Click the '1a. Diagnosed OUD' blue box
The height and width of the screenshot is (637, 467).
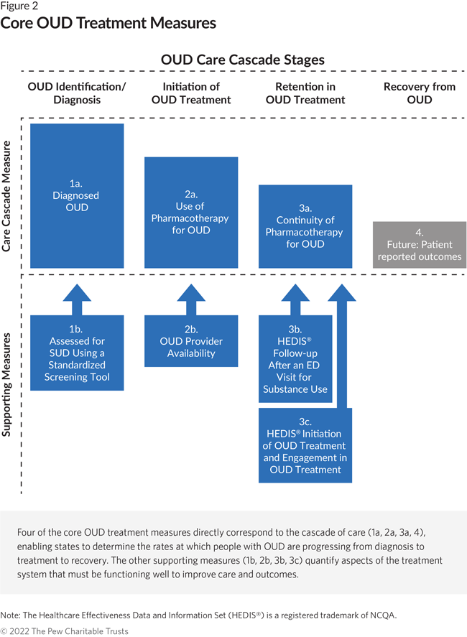[x=77, y=196]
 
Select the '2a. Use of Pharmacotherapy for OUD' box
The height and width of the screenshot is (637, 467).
[x=191, y=213]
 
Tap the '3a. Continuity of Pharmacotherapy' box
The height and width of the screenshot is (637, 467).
[x=305, y=226]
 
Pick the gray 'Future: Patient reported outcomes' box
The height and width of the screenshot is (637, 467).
[x=420, y=245]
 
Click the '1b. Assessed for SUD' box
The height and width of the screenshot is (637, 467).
[x=77, y=353]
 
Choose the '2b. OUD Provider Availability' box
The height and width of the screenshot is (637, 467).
[x=191, y=341]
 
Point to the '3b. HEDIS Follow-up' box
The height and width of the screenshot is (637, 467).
[x=295, y=359]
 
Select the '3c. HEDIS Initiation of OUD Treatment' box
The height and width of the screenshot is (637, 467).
[x=305, y=445]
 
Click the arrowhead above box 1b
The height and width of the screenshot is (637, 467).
[x=77, y=293]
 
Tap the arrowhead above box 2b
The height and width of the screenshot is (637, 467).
[x=191, y=293]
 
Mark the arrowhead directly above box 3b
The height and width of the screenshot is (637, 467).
[x=295, y=293]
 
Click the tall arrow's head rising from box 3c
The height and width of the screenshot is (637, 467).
[x=342, y=293]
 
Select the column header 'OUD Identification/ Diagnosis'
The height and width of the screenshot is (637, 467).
[x=77, y=93]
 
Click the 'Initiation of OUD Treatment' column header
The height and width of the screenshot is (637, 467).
[x=191, y=93]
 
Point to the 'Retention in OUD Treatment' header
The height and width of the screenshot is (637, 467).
[x=305, y=93]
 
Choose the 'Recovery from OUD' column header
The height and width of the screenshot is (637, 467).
[x=420, y=93]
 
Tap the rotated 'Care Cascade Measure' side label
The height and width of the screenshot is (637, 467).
[x=6, y=196]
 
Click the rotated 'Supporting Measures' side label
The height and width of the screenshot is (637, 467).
[x=6, y=385]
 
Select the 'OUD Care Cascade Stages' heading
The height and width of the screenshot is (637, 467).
[x=243, y=60]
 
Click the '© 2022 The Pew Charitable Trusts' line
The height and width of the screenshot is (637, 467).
[x=64, y=631]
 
